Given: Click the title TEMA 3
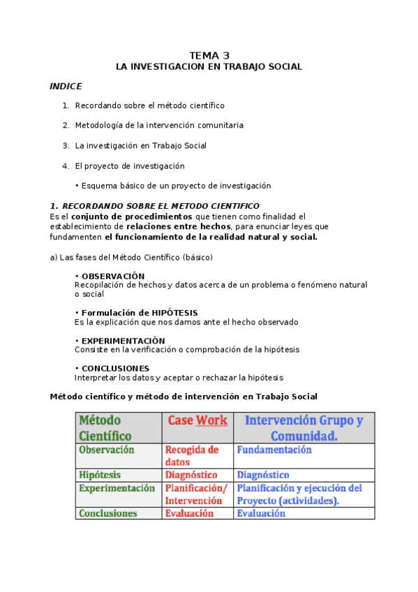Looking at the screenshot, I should coord(209,55).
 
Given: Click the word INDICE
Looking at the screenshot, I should coord(66,86).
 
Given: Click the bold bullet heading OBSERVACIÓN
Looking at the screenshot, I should coord(112,276).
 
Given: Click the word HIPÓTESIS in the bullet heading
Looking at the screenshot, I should coord(174,313).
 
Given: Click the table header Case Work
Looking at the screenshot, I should coord(197,420).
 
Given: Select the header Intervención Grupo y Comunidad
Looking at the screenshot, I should coord(304,427).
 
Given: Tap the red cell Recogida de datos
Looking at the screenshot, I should coord(192,456).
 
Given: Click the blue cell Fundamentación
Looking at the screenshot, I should coord(274,450).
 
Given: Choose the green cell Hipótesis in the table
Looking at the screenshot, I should coord(100,475).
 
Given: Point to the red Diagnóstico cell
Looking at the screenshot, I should coord(192,475).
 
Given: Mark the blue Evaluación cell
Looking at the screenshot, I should coord(261,513).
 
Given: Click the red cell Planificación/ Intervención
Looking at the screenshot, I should coord(196,494).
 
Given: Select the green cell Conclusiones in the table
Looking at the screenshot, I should coord(108,513).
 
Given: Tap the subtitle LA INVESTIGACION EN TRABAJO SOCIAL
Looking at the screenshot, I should coord(209,67).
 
